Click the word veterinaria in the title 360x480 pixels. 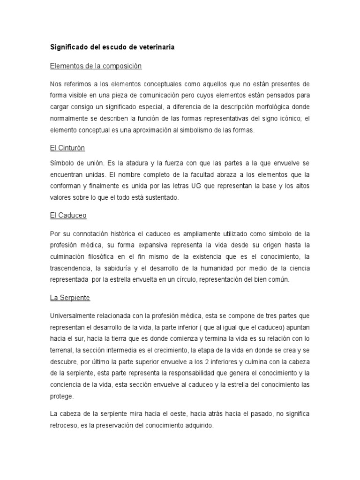click(x=143, y=48)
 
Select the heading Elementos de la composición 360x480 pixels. click(x=95, y=66)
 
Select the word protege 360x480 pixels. click(x=61, y=396)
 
